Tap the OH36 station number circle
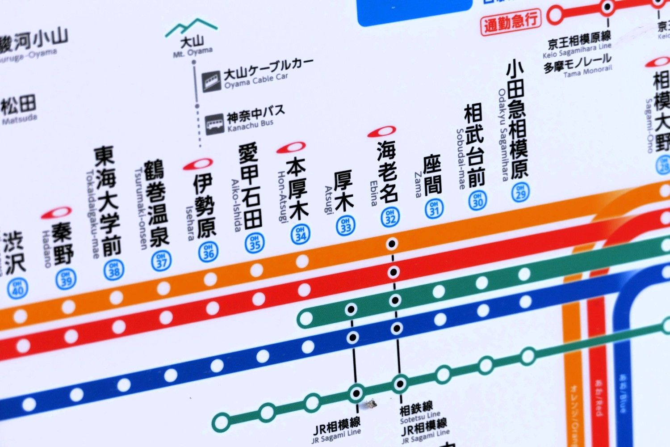point(208,252)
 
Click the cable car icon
point(211,81)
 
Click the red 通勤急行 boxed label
point(510,22)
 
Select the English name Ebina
point(373,193)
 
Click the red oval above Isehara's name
point(198,164)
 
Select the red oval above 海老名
point(382,131)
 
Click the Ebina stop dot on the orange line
point(392,244)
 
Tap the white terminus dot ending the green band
point(306,319)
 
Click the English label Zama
point(418,185)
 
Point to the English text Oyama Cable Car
point(256,81)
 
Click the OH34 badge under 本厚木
point(300,234)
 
